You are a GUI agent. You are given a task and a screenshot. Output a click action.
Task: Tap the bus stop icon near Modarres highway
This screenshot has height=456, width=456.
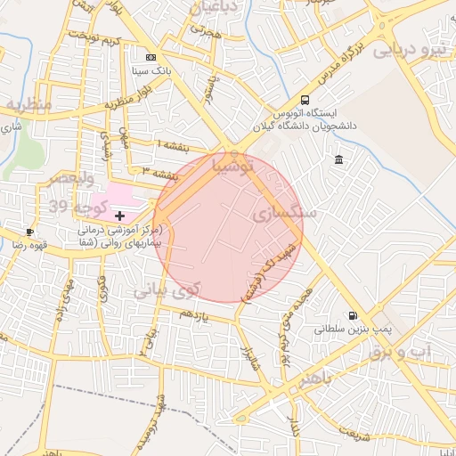(305, 100)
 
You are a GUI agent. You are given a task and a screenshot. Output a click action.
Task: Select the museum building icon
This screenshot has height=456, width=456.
(338, 159)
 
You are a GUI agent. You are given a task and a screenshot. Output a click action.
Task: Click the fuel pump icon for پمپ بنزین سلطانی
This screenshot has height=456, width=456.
(354, 315)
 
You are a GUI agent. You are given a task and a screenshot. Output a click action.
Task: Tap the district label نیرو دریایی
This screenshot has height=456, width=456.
(411, 50)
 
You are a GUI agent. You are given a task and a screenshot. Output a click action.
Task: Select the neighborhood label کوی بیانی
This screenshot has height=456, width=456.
(168, 290)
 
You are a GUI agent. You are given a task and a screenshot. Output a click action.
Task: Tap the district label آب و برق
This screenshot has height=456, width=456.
(411, 352)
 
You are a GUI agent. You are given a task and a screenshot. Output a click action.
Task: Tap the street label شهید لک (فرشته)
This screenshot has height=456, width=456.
(273, 259)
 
